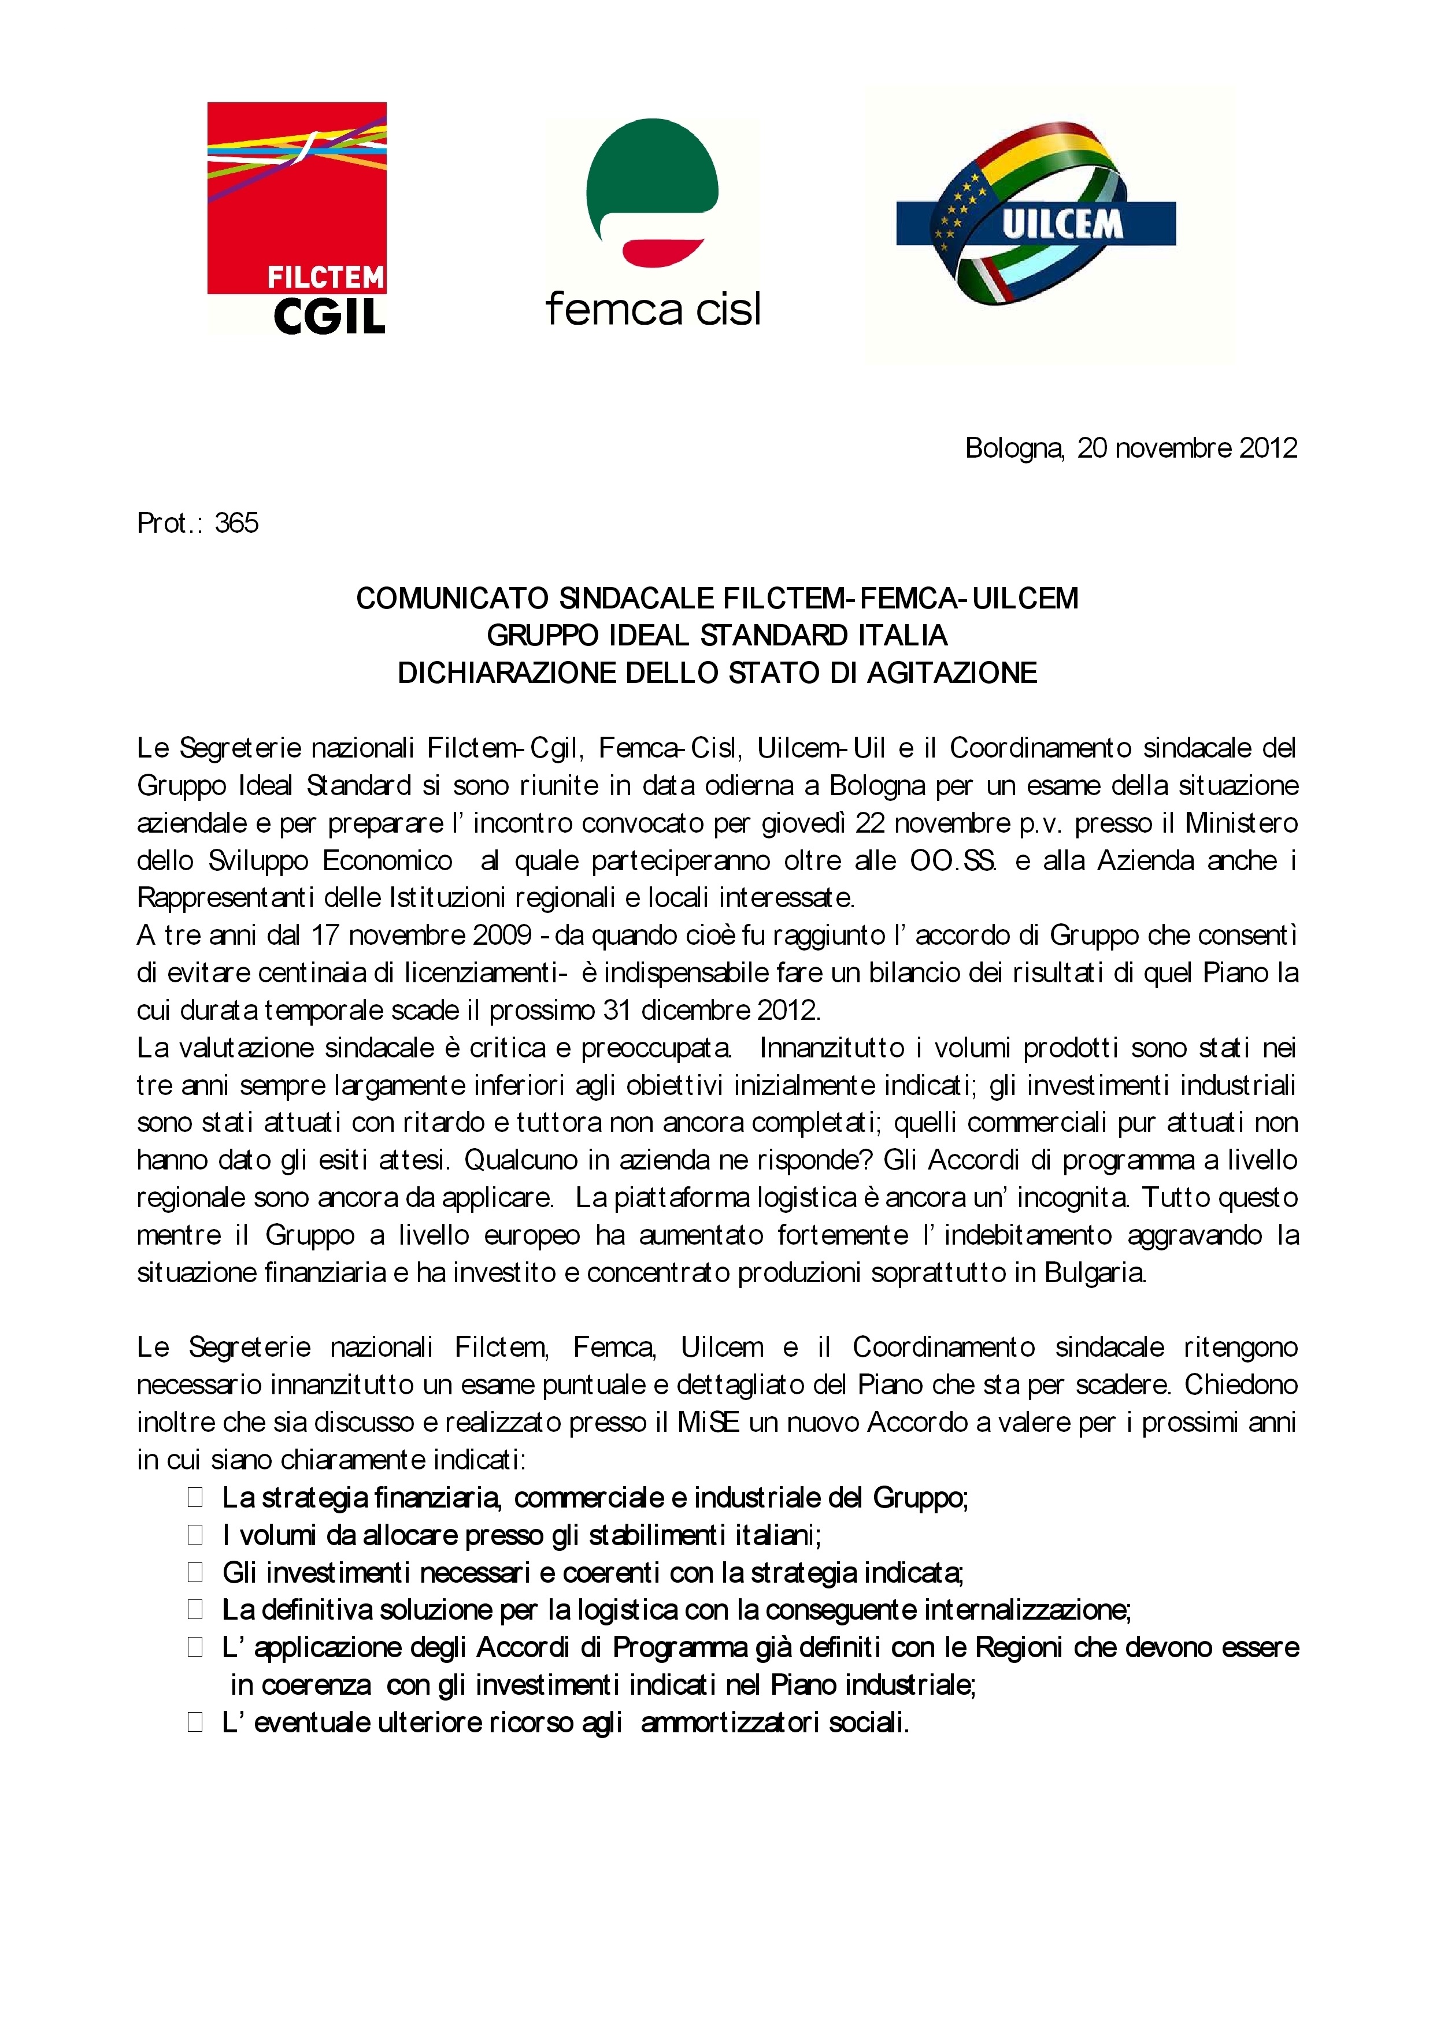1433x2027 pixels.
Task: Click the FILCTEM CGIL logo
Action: coord(297,218)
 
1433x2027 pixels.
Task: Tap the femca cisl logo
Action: coord(653,224)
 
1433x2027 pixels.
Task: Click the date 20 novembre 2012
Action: coord(1187,448)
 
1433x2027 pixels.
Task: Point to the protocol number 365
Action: coord(236,523)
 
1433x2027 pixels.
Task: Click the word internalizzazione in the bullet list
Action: coord(1027,1610)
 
